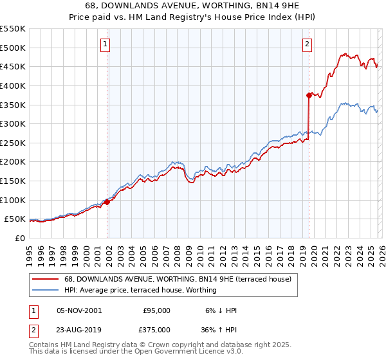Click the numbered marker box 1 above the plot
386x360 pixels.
(x=105, y=44)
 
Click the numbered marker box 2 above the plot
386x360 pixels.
(x=307, y=44)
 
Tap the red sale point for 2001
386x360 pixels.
(x=107, y=202)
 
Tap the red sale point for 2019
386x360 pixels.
(x=309, y=95)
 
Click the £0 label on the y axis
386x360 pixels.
(x=19, y=238)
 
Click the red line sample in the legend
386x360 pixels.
(x=45, y=279)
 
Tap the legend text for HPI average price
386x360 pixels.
(x=140, y=290)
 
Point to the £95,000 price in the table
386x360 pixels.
(x=157, y=310)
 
